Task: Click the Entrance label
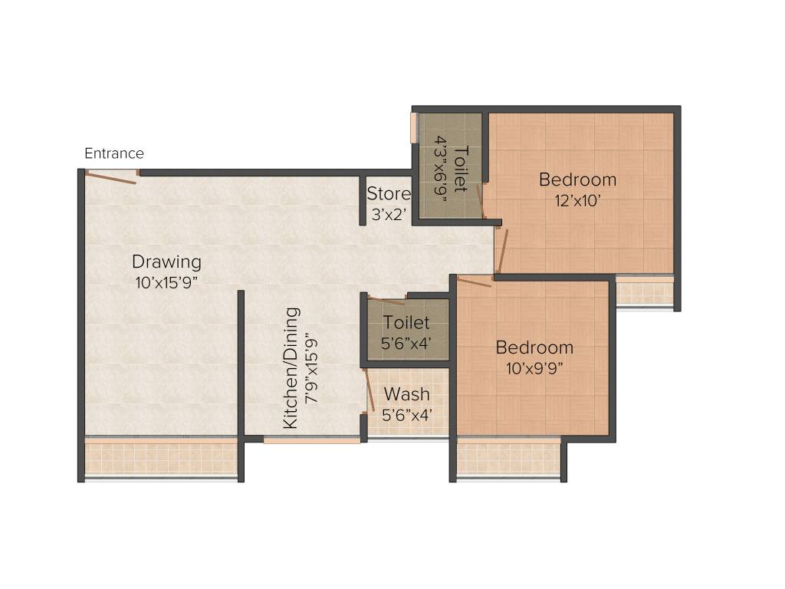(x=113, y=153)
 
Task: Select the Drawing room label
(x=166, y=262)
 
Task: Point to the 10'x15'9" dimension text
(x=166, y=282)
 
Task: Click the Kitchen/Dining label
(x=291, y=368)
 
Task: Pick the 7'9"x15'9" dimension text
(x=310, y=368)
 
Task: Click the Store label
(x=389, y=194)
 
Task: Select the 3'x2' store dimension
(x=389, y=215)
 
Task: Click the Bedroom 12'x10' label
(x=577, y=180)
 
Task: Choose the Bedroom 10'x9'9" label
(x=534, y=347)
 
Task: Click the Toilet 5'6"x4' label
(x=406, y=323)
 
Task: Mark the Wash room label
(x=406, y=394)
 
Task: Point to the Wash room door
(x=367, y=391)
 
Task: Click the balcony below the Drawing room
(x=161, y=459)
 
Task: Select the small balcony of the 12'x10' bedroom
(x=644, y=292)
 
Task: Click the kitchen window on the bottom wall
(x=311, y=440)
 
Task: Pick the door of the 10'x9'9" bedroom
(x=475, y=281)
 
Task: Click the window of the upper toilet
(x=414, y=134)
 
